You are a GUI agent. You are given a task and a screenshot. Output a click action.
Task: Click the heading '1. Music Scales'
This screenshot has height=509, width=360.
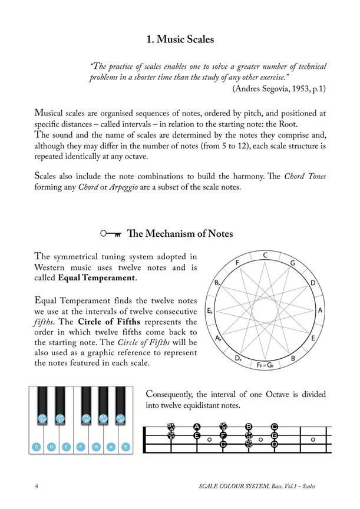tap(180, 39)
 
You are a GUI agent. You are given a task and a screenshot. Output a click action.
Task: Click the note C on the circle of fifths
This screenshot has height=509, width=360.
tap(266, 255)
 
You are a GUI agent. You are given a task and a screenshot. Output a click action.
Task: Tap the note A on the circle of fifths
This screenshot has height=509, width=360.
tap(320, 310)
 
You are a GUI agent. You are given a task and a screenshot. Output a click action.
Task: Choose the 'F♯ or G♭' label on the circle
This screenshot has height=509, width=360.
tap(266, 365)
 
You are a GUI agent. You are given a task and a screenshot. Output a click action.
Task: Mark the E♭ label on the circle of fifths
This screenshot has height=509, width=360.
tap(210, 310)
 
